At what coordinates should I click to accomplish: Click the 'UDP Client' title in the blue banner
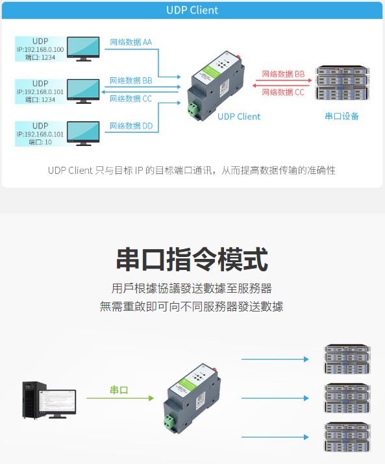point(192,10)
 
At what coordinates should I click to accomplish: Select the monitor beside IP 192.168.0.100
point(83,49)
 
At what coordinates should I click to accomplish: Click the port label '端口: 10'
point(40,142)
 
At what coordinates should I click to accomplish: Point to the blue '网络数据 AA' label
point(131,42)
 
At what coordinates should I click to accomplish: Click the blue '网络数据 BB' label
point(131,80)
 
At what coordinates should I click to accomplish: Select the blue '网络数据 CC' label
point(130,99)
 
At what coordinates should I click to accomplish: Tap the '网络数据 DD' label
point(131,126)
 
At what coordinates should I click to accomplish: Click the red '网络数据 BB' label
point(283,74)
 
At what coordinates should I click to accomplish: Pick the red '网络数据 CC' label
point(283,92)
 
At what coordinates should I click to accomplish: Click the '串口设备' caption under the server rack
point(342,116)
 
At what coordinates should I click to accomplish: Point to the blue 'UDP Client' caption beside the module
point(239,117)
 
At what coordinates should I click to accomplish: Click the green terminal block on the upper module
point(193,108)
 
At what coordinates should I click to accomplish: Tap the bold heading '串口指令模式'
point(192,260)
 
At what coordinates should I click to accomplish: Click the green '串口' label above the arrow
point(119,390)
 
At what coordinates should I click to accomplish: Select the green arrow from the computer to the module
point(120,398)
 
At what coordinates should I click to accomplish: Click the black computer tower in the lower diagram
point(34,400)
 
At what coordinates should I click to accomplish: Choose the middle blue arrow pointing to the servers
point(275,398)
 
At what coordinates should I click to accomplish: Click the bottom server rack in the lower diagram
point(347,437)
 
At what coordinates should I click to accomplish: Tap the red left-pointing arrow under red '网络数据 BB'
point(281,86)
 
